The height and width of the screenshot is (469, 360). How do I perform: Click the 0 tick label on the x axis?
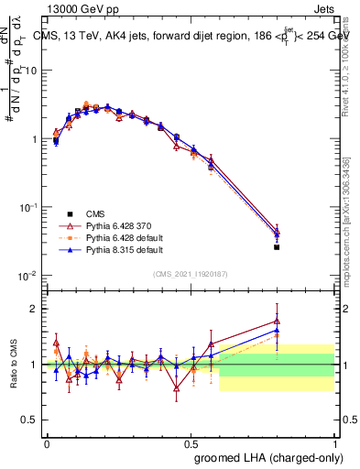click(x=47, y=442)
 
